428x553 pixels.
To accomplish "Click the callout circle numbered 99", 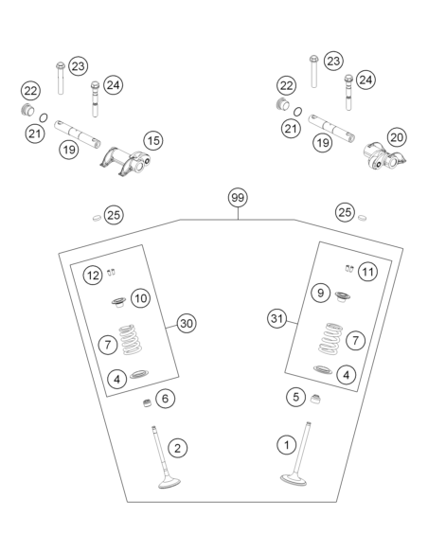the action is [238, 198].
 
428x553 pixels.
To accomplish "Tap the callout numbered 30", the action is [187, 323].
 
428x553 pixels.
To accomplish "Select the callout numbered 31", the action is [276, 319].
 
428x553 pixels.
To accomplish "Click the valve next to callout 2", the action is [164, 457].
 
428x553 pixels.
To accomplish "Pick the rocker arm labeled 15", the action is [126, 161].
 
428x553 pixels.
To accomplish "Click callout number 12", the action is [93, 276].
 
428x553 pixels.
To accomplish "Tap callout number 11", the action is [367, 272].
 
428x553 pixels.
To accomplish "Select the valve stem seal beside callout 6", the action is [147, 403].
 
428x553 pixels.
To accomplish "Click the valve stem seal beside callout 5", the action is [315, 399].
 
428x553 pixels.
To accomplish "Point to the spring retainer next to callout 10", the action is [119, 302].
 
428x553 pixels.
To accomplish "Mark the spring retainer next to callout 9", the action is [342, 296].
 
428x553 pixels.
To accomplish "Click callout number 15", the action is [153, 141].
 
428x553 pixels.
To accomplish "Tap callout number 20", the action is [397, 137].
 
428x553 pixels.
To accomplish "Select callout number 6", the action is [165, 399].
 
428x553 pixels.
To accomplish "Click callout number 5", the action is [295, 397].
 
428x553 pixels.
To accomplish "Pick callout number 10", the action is [141, 298].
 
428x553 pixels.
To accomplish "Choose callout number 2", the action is [177, 448].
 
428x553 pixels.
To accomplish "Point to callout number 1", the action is [287, 445].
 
